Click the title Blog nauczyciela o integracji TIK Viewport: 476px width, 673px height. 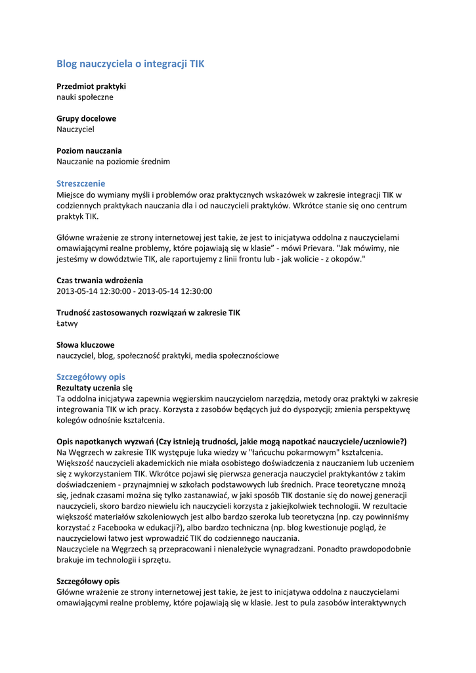click(x=130, y=64)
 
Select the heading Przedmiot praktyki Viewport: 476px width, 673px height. click(x=91, y=86)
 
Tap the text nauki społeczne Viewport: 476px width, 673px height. click(x=85, y=97)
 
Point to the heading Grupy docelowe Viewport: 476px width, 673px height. click(x=86, y=118)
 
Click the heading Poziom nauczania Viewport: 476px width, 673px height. click(x=89, y=151)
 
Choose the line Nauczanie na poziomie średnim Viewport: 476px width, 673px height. click(x=113, y=162)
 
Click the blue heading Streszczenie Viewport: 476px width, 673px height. click(x=81, y=183)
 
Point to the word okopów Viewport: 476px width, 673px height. click(x=345, y=260)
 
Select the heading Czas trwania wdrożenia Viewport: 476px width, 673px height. click(x=99, y=280)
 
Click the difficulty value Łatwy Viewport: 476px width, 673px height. click(x=67, y=323)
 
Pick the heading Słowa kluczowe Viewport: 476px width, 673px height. click(x=85, y=344)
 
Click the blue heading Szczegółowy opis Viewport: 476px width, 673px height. click(x=91, y=377)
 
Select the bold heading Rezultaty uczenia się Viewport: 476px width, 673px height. click(x=95, y=388)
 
